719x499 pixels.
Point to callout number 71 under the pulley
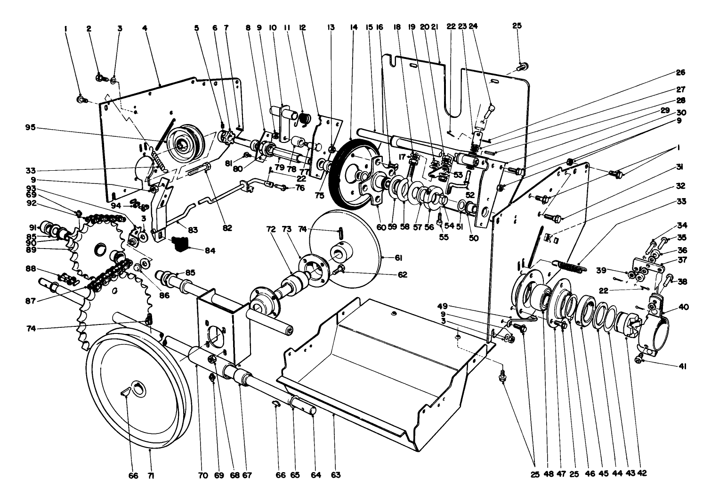(151, 475)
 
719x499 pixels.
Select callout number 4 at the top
(145, 28)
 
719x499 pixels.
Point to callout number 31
(680, 167)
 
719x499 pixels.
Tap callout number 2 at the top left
(89, 28)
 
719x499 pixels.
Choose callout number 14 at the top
(354, 28)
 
